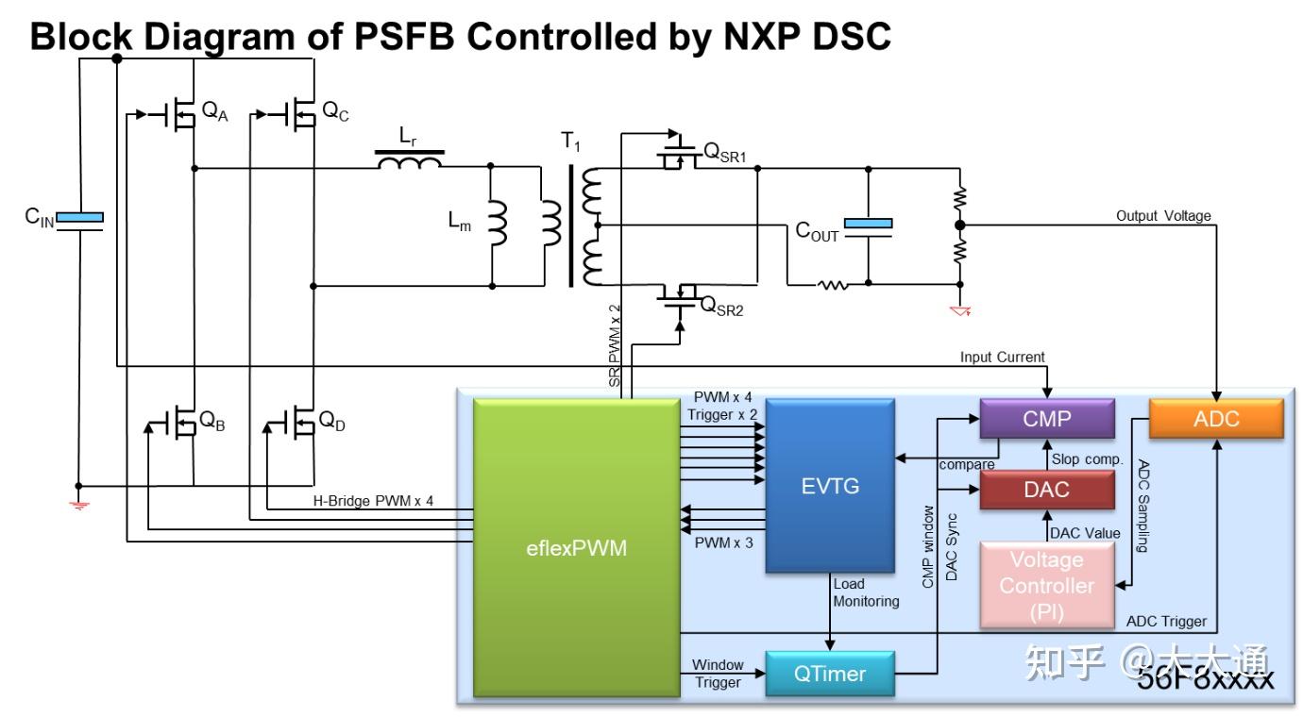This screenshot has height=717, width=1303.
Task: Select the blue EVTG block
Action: click(829, 486)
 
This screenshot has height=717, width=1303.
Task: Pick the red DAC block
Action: click(1046, 491)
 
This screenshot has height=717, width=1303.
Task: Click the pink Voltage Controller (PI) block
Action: click(1046, 585)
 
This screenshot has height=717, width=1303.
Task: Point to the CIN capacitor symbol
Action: click(79, 218)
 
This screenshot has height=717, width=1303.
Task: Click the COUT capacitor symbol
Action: click(868, 225)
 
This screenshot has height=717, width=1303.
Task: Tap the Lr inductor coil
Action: click(410, 163)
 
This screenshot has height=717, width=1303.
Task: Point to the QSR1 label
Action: click(725, 153)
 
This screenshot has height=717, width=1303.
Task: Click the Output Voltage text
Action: click(1162, 216)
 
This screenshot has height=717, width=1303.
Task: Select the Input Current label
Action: click(1002, 357)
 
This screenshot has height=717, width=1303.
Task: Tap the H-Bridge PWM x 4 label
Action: click(373, 501)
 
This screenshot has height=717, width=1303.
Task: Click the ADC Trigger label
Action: click(1166, 622)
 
